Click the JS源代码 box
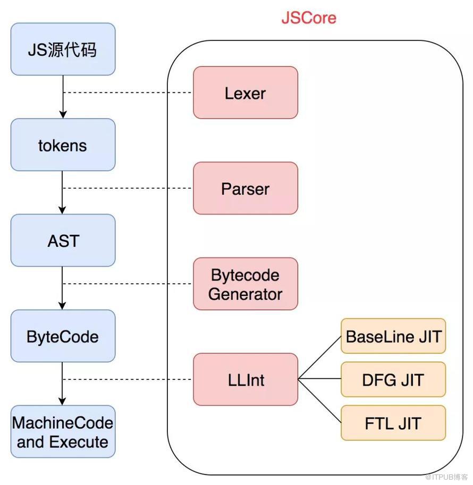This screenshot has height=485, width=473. point(63,49)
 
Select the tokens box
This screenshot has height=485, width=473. point(63,145)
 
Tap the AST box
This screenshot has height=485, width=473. point(63,241)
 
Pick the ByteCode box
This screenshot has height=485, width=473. point(63,336)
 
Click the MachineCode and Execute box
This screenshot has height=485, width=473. point(63,432)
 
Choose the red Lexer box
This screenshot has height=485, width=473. point(245,93)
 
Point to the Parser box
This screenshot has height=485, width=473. point(245,189)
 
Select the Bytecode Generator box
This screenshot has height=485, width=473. point(245,284)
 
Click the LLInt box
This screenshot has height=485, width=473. point(245,379)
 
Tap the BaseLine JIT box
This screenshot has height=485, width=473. point(393,336)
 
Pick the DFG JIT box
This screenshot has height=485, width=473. point(393,379)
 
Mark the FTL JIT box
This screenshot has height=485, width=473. point(393,423)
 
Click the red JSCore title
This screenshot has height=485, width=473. point(309,18)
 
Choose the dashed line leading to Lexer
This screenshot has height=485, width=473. point(128,93)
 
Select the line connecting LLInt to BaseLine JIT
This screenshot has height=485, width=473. point(319,358)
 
